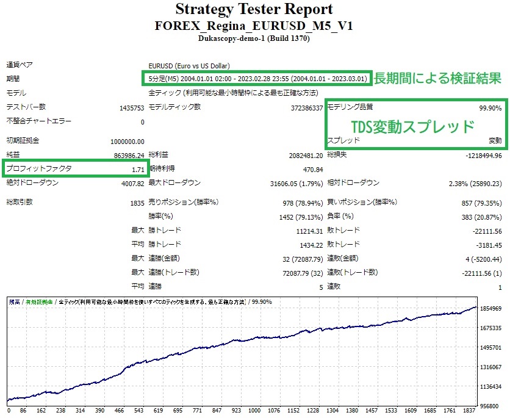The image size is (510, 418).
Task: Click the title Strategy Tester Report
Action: (x=254, y=10)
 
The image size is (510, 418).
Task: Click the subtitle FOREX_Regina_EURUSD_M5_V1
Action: (x=254, y=26)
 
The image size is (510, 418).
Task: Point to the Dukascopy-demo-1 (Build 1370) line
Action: (x=254, y=38)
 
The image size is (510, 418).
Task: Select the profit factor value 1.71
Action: (x=137, y=168)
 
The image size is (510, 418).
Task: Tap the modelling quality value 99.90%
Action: (x=490, y=107)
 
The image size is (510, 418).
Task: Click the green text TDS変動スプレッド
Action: (x=412, y=126)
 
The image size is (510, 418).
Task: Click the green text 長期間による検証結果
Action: (x=437, y=79)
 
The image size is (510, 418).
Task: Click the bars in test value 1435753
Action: (x=132, y=108)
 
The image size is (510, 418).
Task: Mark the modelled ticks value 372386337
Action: (x=307, y=108)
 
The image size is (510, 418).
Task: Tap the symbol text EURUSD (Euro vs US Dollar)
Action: (x=189, y=66)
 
